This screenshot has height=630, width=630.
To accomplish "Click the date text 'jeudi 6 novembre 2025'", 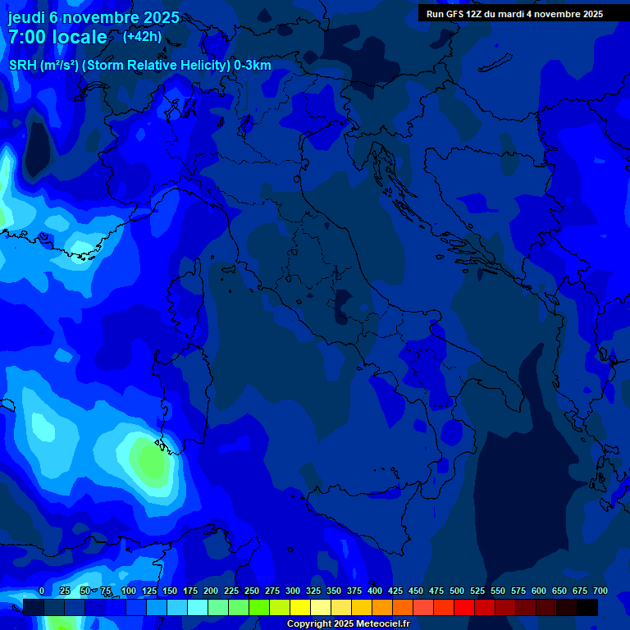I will click(94, 17).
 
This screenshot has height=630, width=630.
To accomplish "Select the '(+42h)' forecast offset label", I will click(142, 36).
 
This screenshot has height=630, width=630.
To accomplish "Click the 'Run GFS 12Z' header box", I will click(514, 13).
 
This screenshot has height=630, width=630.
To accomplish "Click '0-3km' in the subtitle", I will click(252, 66).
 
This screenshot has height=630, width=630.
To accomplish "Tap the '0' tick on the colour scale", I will click(41, 591).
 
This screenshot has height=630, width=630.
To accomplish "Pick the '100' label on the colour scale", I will click(128, 591).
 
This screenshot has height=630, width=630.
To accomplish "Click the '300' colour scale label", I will click(292, 591).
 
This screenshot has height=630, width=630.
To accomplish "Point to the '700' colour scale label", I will click(600, 591).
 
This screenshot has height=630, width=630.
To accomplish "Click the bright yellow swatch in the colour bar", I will click(300, 607).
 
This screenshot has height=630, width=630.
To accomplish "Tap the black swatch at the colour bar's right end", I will click(587, 607).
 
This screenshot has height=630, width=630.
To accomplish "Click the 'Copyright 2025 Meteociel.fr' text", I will click(348, 624).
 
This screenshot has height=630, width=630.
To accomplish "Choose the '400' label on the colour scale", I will click(375, 591).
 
